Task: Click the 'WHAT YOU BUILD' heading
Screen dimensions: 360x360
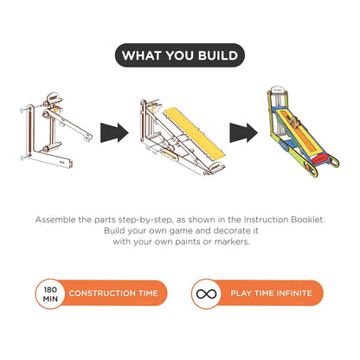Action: pos(180,56)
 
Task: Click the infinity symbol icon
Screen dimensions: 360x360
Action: pos(206,293)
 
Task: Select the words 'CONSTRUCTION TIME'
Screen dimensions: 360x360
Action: pos(113,293)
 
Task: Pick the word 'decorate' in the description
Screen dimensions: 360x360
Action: pos(228,231)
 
